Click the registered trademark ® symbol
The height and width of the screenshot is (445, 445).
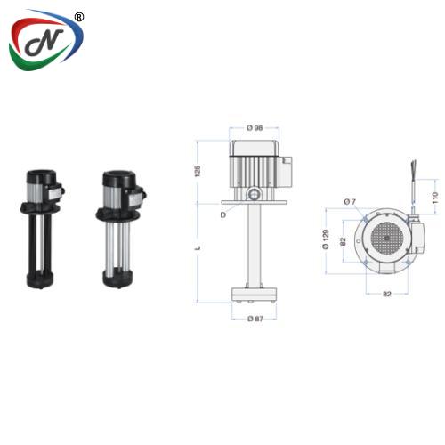tap(79, 16)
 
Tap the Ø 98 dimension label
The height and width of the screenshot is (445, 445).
tap(255, 128)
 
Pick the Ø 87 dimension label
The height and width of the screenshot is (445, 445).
tap(255, 319)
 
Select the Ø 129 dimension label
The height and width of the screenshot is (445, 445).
tap(327, 239)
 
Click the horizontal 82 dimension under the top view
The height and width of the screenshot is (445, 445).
tap(384, 292)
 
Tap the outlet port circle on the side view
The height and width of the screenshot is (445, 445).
tap(254, 192)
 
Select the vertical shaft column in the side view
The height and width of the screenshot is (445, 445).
tap(255, 245)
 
